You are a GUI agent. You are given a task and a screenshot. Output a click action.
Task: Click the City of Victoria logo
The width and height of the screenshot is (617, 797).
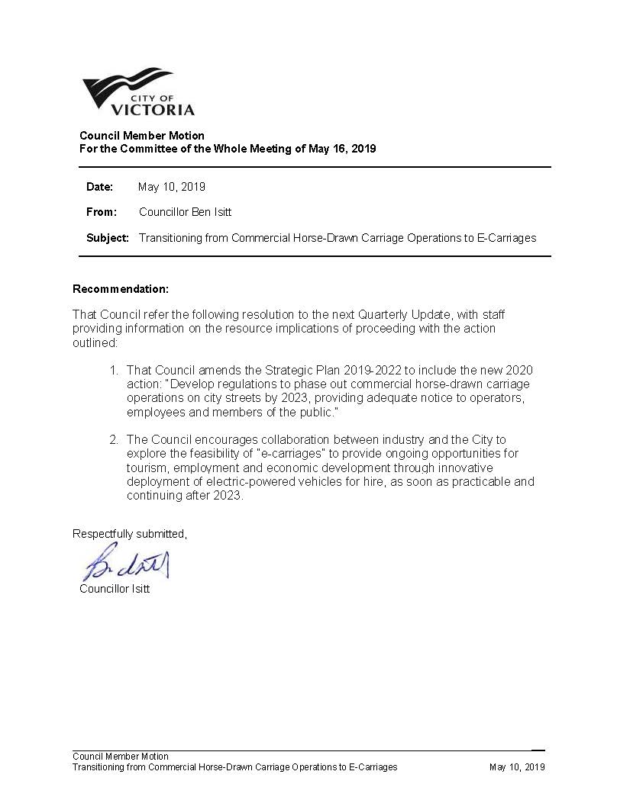[x=138, y=92]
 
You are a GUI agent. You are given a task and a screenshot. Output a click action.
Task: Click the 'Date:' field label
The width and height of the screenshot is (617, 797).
[x=99, y=187]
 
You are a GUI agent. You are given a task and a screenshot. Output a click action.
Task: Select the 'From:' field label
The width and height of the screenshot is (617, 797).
[x=102, y=212]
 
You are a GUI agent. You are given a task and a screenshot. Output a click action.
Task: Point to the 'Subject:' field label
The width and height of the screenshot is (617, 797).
[x=108, y=238]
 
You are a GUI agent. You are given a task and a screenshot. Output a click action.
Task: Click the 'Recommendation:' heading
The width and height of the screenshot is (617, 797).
[x=120, y=289]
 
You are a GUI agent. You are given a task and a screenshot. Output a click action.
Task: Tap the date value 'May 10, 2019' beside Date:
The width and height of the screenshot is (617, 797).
[x=172, y=187]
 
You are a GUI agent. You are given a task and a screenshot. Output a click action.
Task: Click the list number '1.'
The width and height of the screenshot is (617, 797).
[x=113, y=370]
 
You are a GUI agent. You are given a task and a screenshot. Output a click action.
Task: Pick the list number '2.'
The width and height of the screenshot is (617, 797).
[x=113, y=440]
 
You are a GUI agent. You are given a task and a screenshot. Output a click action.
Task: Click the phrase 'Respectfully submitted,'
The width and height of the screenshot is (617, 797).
[x=130, y=534]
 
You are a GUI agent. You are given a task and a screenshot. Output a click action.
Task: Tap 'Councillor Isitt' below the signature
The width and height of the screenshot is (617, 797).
[x=115, y=589]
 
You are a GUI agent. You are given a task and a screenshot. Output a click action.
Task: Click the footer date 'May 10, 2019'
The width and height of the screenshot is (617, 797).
[x=517, y=767]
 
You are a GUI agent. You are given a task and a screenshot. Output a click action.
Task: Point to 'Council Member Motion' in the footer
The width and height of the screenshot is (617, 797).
[x=121, y=757]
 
